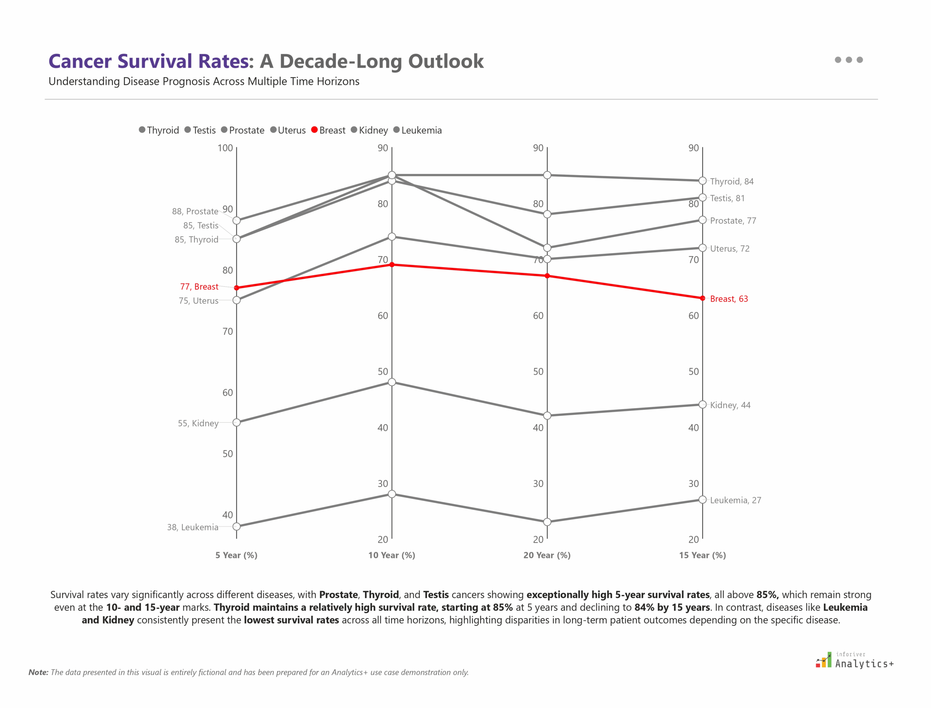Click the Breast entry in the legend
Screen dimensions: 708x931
pyautogui.click(x=328, y=130)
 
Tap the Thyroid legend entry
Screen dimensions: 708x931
pyautogui.click(x=159, y=130)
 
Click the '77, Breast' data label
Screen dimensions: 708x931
pyautogui.click(x=199, y=286)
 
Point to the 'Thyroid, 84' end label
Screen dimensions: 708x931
pyautogui.click(x=731, y=181)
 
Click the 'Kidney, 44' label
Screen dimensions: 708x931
pyautogui.click(x=730, y=405)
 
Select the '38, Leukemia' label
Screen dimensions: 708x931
pyautogui.click(x=192, y=527)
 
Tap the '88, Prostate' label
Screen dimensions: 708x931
pyautogui.click(x=195, y=211)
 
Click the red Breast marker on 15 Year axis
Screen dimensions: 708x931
pyautogui.click(x=702, y=298)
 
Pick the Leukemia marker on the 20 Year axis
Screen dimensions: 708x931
pyautogui.click(x=547, y=522)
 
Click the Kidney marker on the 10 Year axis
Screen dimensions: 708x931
pyautogui.click(x=392, y=382)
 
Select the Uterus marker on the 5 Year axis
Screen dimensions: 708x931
pyautogui.click(x=237, y=300)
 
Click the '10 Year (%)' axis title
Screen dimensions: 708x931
pyautogui.click(x=392, y=555)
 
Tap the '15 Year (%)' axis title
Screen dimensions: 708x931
pyautogui.click(x=702, y=555)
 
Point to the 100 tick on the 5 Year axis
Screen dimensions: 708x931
pyautogui.click(x=225, y=148)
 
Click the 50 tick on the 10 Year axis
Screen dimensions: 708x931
pyautogui.click(x=382, y=372)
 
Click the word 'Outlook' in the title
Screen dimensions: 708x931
pyautogui.click(x=445, y=61)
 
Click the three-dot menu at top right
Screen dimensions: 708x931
pyautogui.click(x=848, y=60)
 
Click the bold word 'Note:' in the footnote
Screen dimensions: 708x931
pyautogui.click(x=38, y=672)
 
